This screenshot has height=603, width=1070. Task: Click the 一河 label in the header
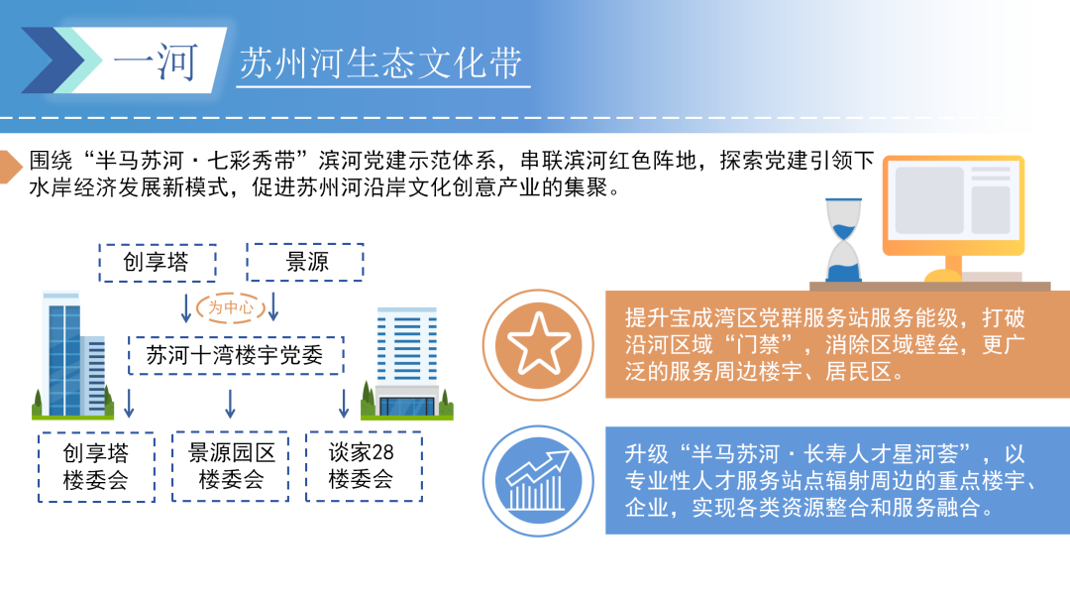(156, 62)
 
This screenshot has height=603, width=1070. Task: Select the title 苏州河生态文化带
(380, 63)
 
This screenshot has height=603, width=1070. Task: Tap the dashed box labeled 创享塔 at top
(158, 263)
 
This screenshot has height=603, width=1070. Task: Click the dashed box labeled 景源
(305, 262)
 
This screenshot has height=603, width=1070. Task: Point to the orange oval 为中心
(230, 307)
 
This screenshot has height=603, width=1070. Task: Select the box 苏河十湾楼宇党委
(236, 355)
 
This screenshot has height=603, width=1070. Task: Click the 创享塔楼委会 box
(96, 467)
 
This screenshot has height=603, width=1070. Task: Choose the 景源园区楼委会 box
(231, 466)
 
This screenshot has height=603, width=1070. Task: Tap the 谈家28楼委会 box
(364, 466)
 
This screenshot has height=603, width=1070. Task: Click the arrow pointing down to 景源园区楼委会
(230, 404)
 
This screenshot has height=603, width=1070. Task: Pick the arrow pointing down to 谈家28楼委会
(343, 404)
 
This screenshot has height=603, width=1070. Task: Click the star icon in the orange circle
(538, 344)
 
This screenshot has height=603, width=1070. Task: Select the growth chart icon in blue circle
(538, 481)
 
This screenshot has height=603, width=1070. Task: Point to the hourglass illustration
(843, 240)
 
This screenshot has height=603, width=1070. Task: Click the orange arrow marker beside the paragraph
(10, 168)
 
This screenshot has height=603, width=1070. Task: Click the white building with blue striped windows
(407, 363)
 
